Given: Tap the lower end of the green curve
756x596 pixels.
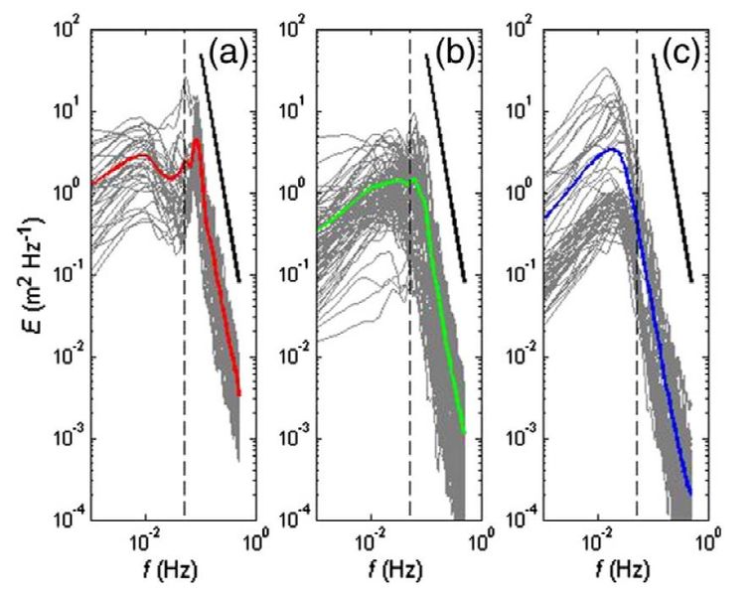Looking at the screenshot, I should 464,432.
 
